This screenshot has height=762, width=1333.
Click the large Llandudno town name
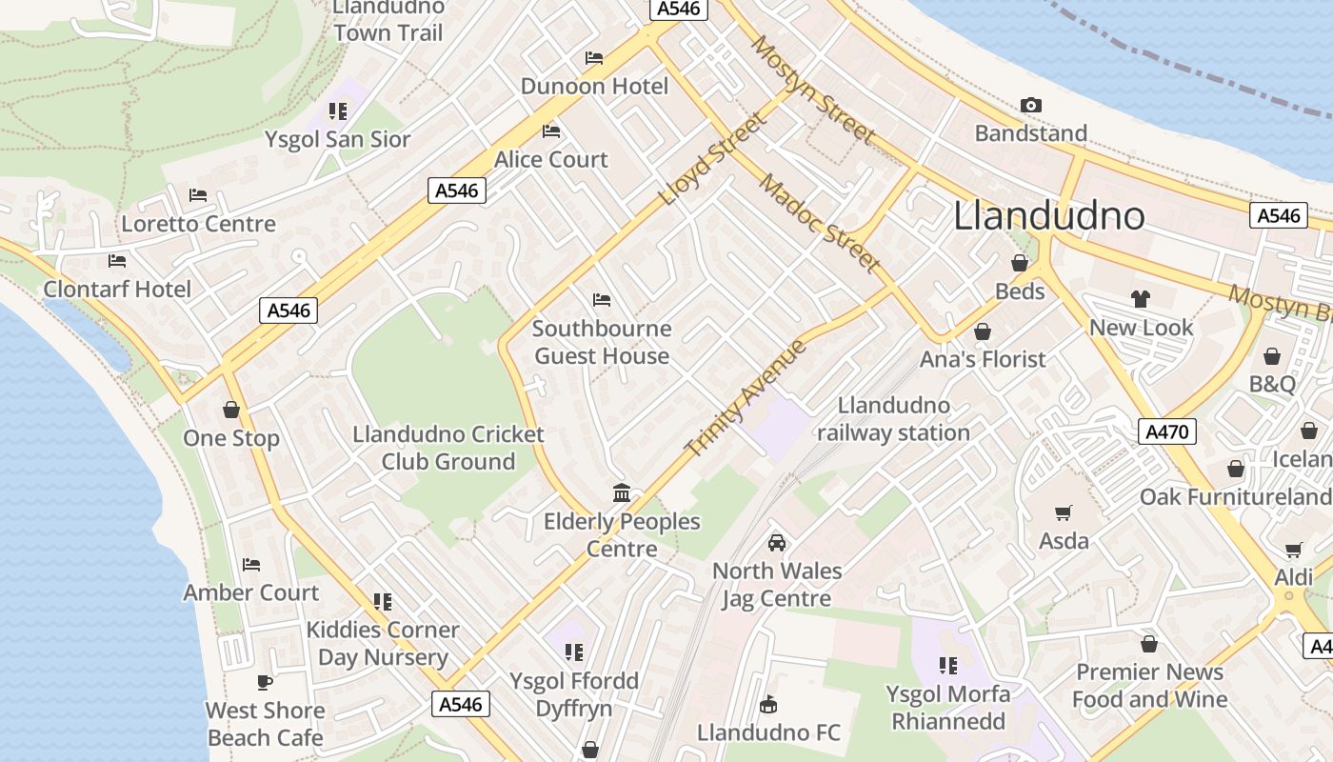(1048, 216)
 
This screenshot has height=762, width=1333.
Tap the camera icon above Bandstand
(1030, 105)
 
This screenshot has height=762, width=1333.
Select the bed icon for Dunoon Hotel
(594, 58)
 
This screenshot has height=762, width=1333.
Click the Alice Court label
(550, 159)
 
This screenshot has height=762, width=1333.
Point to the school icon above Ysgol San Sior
(337, 111)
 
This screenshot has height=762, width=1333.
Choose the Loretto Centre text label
(198, 224)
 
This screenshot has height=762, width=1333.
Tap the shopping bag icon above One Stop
(230, 410)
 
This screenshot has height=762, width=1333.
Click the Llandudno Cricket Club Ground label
(448, 448)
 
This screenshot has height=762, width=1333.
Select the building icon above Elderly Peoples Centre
(622, 492)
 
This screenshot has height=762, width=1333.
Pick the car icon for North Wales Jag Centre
(777, 543)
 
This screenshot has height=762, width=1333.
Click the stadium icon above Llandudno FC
(768, 705)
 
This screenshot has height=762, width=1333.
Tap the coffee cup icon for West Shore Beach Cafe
(265, 682)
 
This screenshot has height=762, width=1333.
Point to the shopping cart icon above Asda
(1064, 512)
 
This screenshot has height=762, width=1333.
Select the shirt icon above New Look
(1141, 299)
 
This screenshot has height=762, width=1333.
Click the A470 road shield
(1166, 431)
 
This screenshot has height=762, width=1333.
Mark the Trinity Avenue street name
(746, 397)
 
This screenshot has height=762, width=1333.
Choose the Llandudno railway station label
(893, 419)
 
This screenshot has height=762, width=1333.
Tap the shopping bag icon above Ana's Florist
(982, 331)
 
